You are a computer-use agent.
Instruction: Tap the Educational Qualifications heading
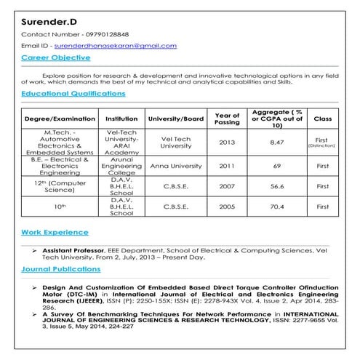click(x=73, y=94)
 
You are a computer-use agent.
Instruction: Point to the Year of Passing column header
click(x=227, y=118)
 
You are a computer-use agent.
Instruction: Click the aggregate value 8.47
click(x=276, y=143)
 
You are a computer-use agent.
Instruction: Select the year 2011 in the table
click(x=227, y=166)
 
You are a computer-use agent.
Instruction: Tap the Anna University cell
click(x=175, y=166)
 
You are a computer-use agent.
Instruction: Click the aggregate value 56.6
click(x=276, y=186)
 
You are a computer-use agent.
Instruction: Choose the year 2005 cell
click(x=227, y=207)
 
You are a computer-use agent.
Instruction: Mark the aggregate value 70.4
click(x=276, y=207)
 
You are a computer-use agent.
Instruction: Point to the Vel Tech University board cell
click(x=175, y=143)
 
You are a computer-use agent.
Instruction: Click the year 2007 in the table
click(x=227, y=186)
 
